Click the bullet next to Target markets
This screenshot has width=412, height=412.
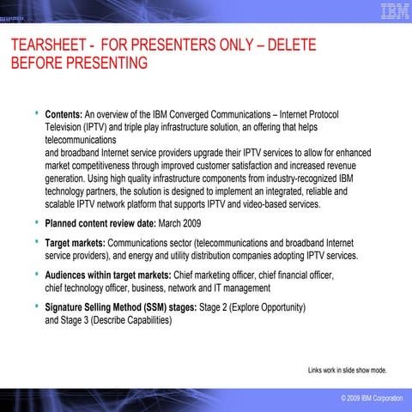[x=36, y=242]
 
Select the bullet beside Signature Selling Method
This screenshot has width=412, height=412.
[x=36, y=306]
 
